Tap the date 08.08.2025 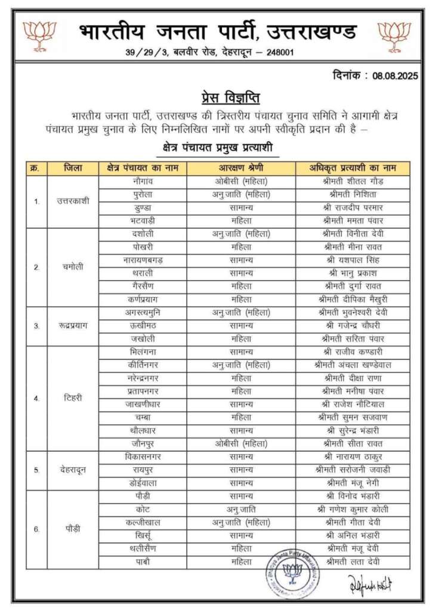(x=396, y=76)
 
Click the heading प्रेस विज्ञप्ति (x=230, y=97)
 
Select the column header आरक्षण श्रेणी (x=241, y=168)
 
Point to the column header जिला (x=73, y=168)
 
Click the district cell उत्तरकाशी (x=73, y=201)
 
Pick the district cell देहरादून (x=73, y=470)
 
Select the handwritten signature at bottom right (x=370, y=583)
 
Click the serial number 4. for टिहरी (x=36, y=397)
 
